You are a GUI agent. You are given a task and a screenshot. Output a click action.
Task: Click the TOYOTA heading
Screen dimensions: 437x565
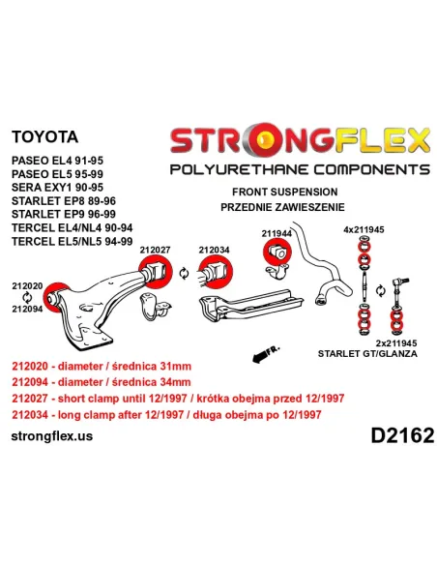44,137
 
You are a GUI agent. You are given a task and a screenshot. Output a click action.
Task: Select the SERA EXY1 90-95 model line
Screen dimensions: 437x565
57,188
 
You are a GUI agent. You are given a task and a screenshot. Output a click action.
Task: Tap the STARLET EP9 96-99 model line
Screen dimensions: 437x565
64,214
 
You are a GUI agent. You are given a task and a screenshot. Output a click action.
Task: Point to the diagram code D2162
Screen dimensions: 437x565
402,435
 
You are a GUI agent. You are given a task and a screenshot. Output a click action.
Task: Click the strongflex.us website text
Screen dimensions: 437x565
52,436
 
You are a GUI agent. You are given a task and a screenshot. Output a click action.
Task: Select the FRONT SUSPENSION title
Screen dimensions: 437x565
285,192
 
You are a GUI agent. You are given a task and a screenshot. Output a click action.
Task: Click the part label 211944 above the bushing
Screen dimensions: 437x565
277,233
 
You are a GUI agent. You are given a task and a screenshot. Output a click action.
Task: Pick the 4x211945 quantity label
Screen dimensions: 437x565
364,229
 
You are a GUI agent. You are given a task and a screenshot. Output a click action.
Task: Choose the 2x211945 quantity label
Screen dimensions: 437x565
396,343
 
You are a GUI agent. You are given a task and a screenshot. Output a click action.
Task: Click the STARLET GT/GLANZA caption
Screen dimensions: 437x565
367,353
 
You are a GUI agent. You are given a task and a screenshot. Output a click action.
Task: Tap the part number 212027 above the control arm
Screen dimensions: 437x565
155,250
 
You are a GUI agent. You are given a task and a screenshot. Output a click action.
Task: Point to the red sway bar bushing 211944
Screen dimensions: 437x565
277,253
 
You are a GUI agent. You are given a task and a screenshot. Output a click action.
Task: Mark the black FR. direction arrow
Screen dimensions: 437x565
265,354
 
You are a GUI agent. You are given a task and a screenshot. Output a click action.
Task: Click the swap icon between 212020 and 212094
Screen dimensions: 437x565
27,298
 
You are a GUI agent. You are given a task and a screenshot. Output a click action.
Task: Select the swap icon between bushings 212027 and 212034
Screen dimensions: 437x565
184,273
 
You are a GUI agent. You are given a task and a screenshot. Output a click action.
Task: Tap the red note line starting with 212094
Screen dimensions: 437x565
102,382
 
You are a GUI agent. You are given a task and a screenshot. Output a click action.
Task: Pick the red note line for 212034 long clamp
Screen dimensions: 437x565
166,415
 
